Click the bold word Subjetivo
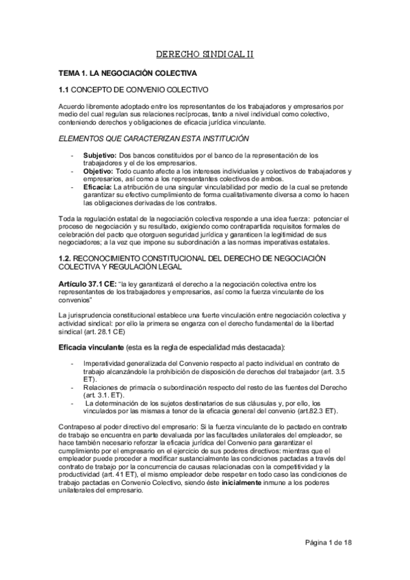click(x=100, y=156)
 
